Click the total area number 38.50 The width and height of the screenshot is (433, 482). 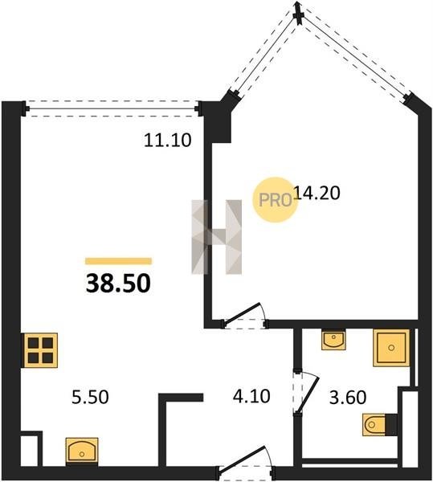118,283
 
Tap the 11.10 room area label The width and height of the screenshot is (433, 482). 168,140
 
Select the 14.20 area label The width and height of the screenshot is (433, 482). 317,193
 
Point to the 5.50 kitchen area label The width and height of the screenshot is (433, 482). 90,397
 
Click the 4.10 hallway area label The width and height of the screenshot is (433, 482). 251,396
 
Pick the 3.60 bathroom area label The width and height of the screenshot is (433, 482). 348,397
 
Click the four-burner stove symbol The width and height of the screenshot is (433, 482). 40,350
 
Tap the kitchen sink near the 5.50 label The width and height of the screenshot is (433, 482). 82,451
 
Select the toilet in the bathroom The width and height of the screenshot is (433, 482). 374,424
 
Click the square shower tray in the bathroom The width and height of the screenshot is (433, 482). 391,348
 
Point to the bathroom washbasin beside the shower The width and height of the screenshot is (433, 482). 333,339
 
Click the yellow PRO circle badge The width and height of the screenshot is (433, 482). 275,200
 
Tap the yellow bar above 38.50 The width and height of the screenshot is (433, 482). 118,261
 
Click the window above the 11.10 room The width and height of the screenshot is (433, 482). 113,108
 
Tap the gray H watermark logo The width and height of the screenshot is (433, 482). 216,237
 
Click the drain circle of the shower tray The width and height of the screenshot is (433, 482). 391,348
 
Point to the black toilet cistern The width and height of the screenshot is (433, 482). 391,424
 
